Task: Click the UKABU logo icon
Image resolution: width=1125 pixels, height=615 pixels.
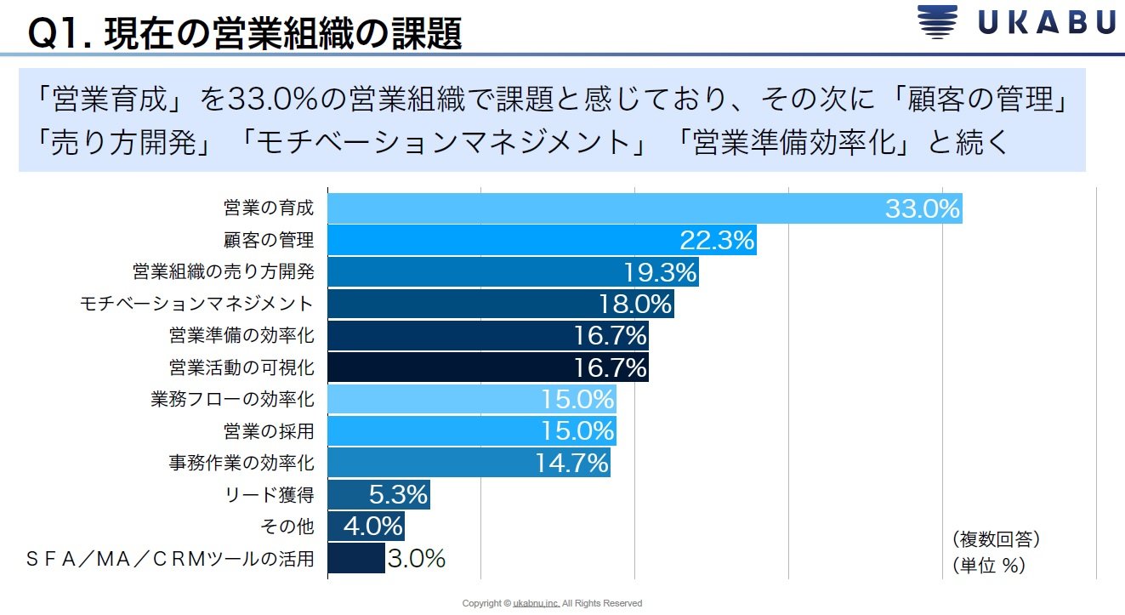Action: (938, 23)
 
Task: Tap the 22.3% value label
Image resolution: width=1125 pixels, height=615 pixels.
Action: (717, 241)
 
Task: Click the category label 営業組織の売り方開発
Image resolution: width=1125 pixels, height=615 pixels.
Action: (224, 272)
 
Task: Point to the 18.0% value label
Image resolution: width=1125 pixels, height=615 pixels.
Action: (635, 304)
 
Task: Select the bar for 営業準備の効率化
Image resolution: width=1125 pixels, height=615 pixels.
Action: (487, 336)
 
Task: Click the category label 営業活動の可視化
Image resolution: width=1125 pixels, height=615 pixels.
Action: (241, 367)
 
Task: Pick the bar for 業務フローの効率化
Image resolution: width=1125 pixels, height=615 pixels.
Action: (471, 399)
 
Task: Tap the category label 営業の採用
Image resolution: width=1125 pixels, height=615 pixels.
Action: (269, 431)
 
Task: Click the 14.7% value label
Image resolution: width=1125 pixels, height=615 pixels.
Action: (571, 463)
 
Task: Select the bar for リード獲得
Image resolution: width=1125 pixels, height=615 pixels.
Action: (378, 494)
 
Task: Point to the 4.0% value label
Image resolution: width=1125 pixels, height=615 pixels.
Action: (372, 527)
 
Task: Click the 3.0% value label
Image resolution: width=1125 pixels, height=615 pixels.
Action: (417, 559)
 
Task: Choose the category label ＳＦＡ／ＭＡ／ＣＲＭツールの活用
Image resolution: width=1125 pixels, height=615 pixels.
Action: (171, 559)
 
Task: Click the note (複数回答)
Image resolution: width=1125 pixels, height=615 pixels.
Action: (996, 539)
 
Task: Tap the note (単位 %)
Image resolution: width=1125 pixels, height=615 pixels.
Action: (987, 565)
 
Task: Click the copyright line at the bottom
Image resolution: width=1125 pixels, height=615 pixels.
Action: (552, 603)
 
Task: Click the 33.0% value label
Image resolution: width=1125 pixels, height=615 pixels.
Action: (923, 208)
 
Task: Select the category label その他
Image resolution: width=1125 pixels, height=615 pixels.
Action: (287, 527)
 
